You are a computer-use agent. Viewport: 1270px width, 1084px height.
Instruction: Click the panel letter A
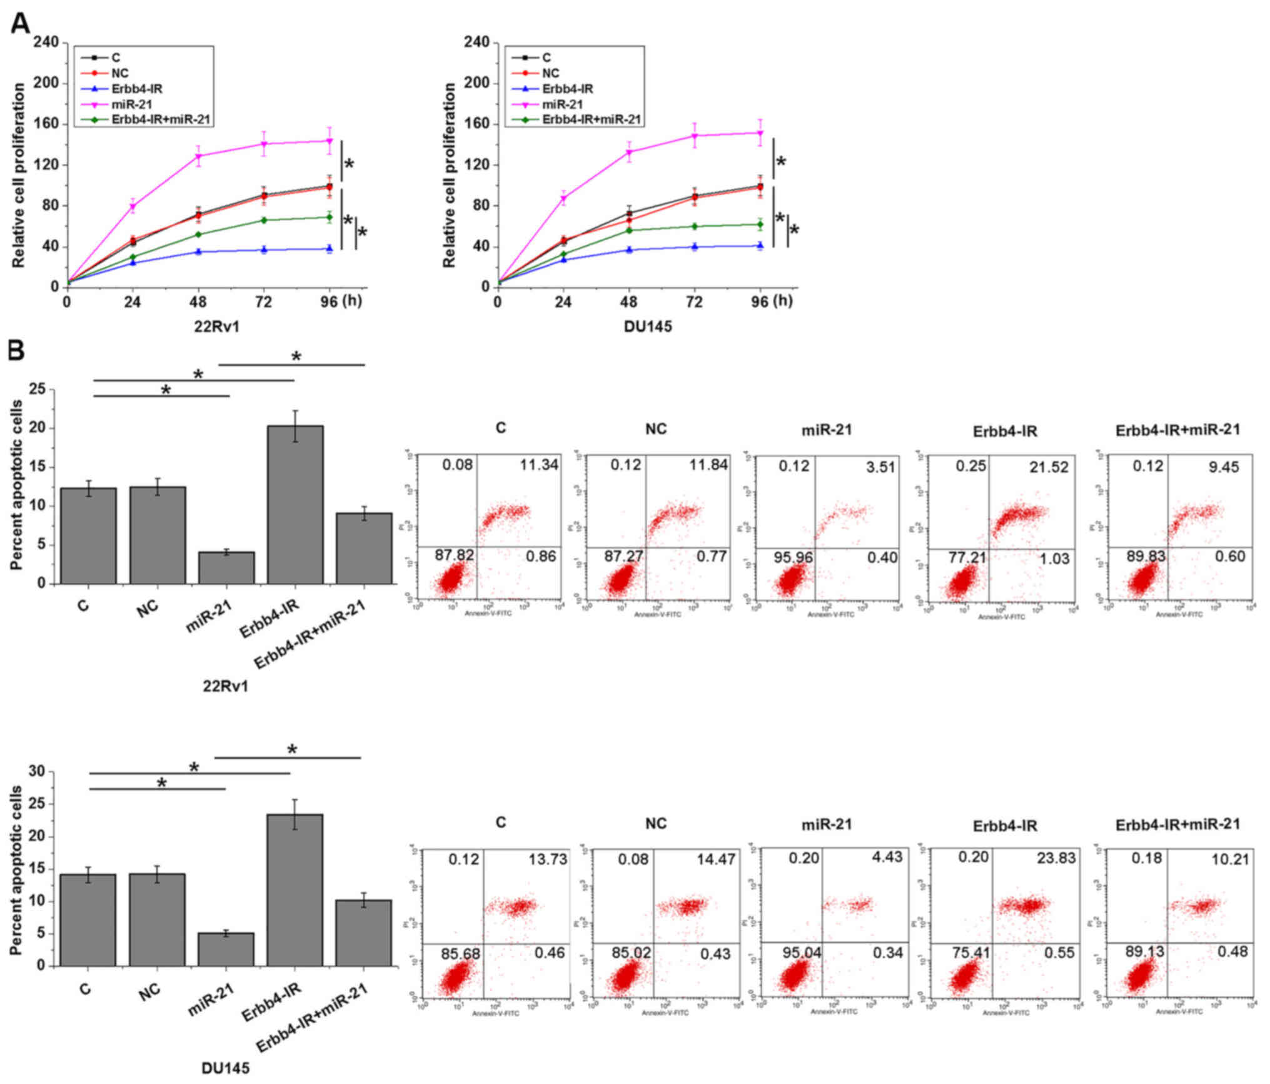(20, 24)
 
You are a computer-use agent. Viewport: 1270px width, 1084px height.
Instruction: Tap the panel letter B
(16, 352)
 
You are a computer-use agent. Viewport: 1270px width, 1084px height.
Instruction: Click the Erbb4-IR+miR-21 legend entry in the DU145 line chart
(591, 119)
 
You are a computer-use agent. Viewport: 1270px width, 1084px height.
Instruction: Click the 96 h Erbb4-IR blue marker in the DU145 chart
(760, 245)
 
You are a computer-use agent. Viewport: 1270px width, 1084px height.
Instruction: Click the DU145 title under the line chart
(647, 327)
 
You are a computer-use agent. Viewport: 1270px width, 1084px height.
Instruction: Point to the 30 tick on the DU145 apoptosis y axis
(38, 772)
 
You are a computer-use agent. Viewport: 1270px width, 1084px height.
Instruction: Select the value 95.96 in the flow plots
(794, 557)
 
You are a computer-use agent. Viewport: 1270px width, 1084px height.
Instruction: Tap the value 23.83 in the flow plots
(1055, 858)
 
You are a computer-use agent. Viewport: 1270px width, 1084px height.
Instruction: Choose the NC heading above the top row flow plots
(656, 429)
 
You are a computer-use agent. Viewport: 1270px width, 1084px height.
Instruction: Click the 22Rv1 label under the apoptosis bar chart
(225, 687)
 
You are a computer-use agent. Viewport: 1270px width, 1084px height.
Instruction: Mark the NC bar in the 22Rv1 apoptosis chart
(158, 535)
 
